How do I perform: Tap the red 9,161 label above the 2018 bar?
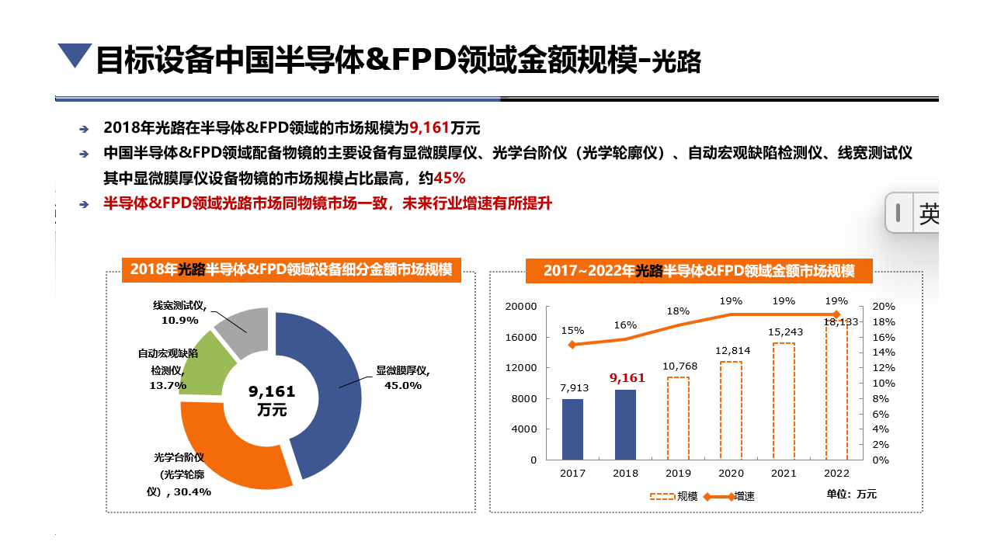coord(627,378)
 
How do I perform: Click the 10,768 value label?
coord(679,366)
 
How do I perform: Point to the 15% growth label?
coord(572,330)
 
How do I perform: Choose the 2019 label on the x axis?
coord(679,473)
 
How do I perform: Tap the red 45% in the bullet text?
coord(450,179)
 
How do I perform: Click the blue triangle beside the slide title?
coord(75,55)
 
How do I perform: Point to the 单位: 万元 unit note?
coord(851,494)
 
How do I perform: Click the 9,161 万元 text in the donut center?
coord(272,401)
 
